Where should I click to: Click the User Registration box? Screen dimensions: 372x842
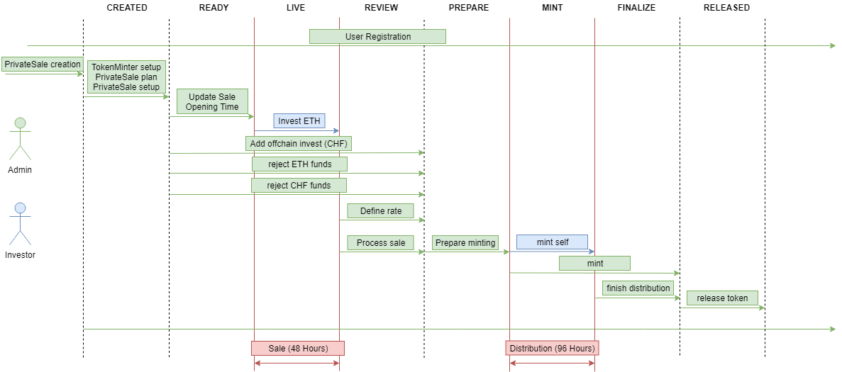[x=377, y=36]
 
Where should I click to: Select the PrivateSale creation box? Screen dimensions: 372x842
[x=43, y=64]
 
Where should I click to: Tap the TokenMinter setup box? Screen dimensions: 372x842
[x=126, y=77]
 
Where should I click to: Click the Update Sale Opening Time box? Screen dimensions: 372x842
[x=212, y=101]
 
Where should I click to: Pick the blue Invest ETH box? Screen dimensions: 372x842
[x=299, y=121]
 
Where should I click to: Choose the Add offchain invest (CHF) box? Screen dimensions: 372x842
[x=300, y=144]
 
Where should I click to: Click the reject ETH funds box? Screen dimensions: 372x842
[x=299, y=164]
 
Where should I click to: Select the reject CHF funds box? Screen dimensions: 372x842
[x=299, y=185]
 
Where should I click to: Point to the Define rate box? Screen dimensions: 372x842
[x=381, y=211]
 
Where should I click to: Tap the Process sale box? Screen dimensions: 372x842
[x=381, y=243]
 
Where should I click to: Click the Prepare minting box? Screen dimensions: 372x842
[x=465, y=243]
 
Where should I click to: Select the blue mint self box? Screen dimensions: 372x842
[x=552, y=242]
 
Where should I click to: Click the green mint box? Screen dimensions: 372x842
[x=594, y=264]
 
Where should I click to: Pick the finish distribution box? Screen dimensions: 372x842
[x=638, y=288]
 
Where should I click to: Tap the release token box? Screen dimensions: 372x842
[x=721, y=298]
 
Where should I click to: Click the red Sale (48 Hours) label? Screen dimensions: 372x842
[x=298, y=348]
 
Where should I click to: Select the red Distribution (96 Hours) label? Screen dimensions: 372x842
[x=551, y=348]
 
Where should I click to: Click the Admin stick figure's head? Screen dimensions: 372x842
[x=21, y=123]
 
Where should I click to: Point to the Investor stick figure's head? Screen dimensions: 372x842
[x=21, y=208]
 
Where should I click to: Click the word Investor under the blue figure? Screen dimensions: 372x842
[x=21, y=255]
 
